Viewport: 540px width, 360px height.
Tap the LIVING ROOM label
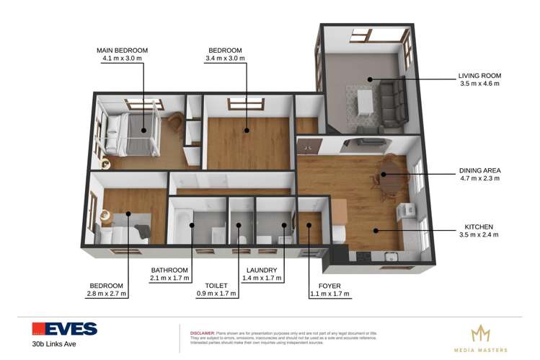(x=479, y=75)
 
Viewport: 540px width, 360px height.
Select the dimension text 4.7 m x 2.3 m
(x=479, y=180)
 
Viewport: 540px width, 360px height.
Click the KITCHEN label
(x=479, y=227)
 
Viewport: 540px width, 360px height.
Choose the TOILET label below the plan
(x=216, y=286)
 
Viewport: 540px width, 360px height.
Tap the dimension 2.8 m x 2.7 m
(x=106, y=294)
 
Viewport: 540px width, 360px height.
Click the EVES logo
(x=64, y=329)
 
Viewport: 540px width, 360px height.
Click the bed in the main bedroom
(x=133, y=133)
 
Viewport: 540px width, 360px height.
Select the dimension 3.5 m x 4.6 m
(x=479, y=83)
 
